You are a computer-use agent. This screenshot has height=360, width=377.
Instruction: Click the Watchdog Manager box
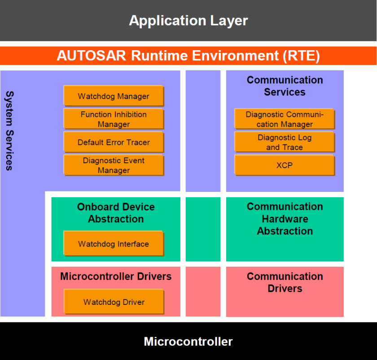pyautogui.click(x=114, y=96)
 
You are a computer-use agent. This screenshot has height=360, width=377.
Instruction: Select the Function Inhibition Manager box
pyautogui.click(x=114, y=119)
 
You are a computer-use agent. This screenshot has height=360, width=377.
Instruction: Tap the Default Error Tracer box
pyautogui.click(x=114, y=142)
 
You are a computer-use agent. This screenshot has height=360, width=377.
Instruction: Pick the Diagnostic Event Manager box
pyautogui.click(x=114, y=165)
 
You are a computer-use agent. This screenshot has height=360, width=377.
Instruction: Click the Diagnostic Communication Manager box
pyautogui.click(x=285, y=119)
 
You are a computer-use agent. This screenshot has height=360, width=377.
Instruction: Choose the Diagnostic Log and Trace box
pyautogui.click(x=285, y=142)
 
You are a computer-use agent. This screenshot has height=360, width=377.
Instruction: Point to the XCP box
pyautogui.click(x=285, y=165)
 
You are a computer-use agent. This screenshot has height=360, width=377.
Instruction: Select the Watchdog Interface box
pyautogui.click(x=114, y=243)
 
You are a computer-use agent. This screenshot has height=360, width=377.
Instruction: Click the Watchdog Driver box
pyautogui.click(x=114, y=302)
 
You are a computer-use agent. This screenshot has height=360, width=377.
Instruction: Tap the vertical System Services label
pyautogui.click(x=9, y=131)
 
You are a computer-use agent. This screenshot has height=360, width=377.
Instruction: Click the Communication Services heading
pyautogui.click(x=285, y=86)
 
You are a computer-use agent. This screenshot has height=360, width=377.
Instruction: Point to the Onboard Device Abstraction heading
pyautogui.click(x=116, y=213)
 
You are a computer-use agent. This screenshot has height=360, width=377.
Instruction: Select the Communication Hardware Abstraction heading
pyautogui.click(x=285, y=219)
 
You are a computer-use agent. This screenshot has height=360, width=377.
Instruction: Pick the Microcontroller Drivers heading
pyautogui.click(x=116, y=276)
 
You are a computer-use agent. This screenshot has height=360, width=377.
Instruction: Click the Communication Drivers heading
pyautogui.click(x=285, y=282)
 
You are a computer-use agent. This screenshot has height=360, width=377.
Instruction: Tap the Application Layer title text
pyautogui.click(x=188, y=21)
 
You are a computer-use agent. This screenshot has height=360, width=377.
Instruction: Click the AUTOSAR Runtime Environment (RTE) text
pyautogui.click(x=188, y=56)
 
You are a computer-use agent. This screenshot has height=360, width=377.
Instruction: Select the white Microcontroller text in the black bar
pyautogui.click(x=188, y=342)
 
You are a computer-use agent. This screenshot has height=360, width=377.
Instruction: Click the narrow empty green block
pyautogui.click(x=203, y=229)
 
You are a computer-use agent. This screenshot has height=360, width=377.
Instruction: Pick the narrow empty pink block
pyautogui.click(x=203, y=291)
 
